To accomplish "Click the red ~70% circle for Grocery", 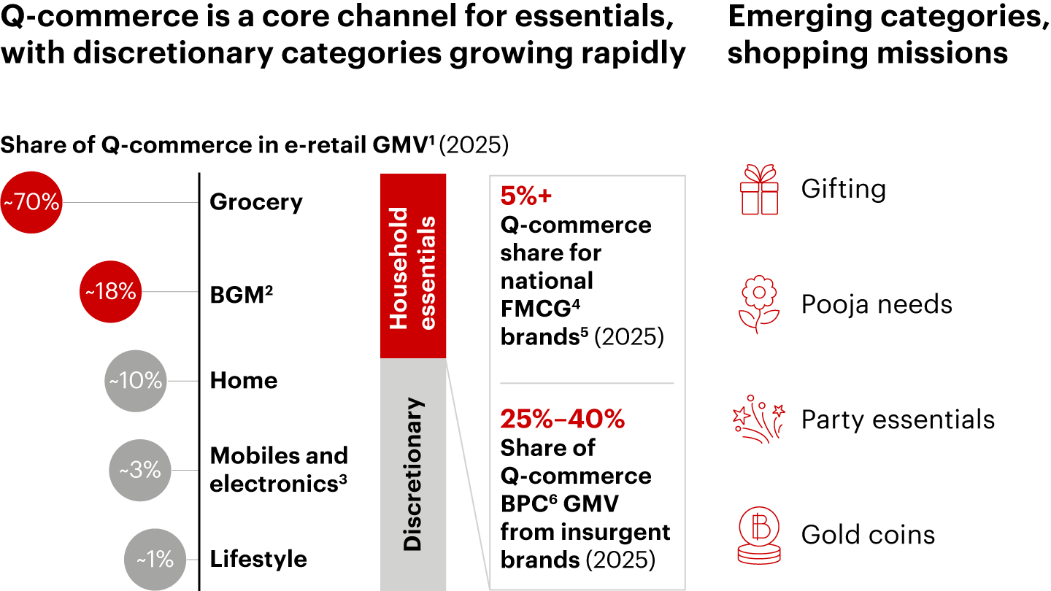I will point(31,202).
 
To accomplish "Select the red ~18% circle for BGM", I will point(110,292).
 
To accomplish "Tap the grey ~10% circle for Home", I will point(136,381).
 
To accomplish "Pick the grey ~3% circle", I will point(140,470).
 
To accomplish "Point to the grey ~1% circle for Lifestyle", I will point(155,560).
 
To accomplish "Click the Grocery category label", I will point(255,202).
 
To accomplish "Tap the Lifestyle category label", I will point(258,560).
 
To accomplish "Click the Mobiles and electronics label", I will point(279,470).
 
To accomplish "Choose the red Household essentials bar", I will point(412,266).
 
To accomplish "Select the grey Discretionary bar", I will point(412,474).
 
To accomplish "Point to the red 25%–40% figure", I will point(562,420).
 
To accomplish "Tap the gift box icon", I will point(759,190).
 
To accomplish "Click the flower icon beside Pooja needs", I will point(759,304).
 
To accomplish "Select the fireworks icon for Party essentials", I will point(759,419).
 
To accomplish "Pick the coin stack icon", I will point(759,535).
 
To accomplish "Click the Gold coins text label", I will point(868,535).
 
